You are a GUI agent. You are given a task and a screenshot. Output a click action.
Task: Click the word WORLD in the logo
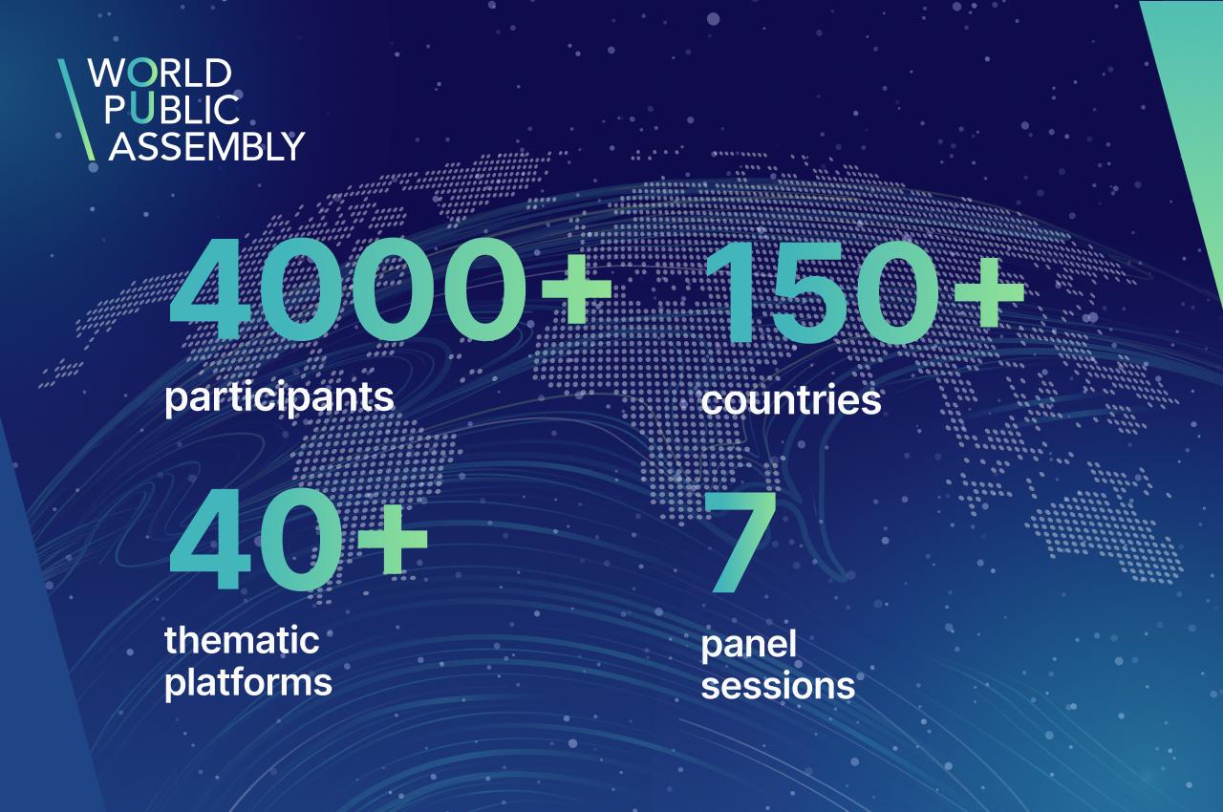[x=160, y=73]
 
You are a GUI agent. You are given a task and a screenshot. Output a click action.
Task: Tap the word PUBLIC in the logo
[x=172, y=109]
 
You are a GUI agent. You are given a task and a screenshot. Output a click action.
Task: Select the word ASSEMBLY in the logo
[x=206, y=146]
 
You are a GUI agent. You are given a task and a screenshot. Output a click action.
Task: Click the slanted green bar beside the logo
[x=76, y=110]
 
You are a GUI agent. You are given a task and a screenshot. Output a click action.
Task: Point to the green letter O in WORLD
[x=142, y=73]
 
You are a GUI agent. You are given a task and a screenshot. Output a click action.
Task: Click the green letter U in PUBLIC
[x=141, y=109]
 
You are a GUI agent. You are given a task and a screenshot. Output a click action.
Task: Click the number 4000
[x=347, y=289]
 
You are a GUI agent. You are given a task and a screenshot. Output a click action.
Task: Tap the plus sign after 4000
[x=575, y=289]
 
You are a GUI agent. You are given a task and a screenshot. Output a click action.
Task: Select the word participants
[x=279, y=398]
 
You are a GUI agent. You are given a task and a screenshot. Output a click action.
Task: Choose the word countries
[x=790, y=399]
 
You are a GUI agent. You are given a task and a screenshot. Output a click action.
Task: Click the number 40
[x=255, y=540]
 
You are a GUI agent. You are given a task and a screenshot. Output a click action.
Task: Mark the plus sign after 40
[x=392, y=540]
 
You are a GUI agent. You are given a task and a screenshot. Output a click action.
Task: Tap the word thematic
[x=242, y=639]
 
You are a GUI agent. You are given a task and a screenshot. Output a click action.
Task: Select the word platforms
[x=248, y=682]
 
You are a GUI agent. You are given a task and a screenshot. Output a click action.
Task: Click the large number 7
[x=740, y=542]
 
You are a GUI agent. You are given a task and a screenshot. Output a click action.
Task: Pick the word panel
[x=748, y=646]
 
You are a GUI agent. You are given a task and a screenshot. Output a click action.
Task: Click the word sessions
[x=778, y=685]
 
